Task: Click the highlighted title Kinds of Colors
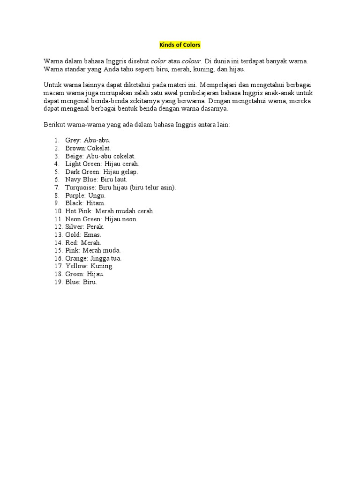[x=180, y=45]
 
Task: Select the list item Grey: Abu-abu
[x=88, y=140]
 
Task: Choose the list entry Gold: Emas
[x=83, y=234]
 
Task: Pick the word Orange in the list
[x=76, y=258]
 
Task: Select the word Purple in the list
[x=75, y=195]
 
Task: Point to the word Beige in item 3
[x=74, y=156]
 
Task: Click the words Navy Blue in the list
[x=80, y=180]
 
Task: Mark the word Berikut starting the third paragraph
[x=56, y=125]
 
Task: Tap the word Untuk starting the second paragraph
[x=52, y=85]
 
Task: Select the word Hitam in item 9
[x=96, y=203]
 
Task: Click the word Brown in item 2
[x=75, y=148]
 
